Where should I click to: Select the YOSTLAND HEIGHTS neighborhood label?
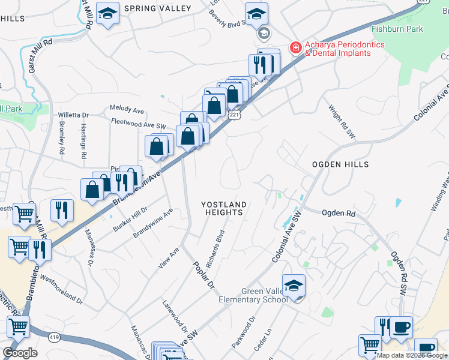pyautogui.click(x=224, y=208)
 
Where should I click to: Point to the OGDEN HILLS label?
pyautogui.click(x=339, y=164)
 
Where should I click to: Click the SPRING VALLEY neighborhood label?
pyautogui.click(x=157, y=8)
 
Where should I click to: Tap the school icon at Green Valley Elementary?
pyautogui.click(x=294, y=286)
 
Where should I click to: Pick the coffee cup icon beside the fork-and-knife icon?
pyautogui.click(x=401, y=328)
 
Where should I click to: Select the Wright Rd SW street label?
pyautogui.click(x=342, y=122)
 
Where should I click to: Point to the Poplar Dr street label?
pyautogui.click(x=203, y=275)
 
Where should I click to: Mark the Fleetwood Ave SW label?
pyautogui.click(x=139, y=122)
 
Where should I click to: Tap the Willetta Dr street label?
pyautogui.click(x=73, y=115)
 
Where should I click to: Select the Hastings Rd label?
pyautogui.click(x=84, y=142)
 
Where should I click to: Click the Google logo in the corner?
pyautogui.click(x=20, y=352)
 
